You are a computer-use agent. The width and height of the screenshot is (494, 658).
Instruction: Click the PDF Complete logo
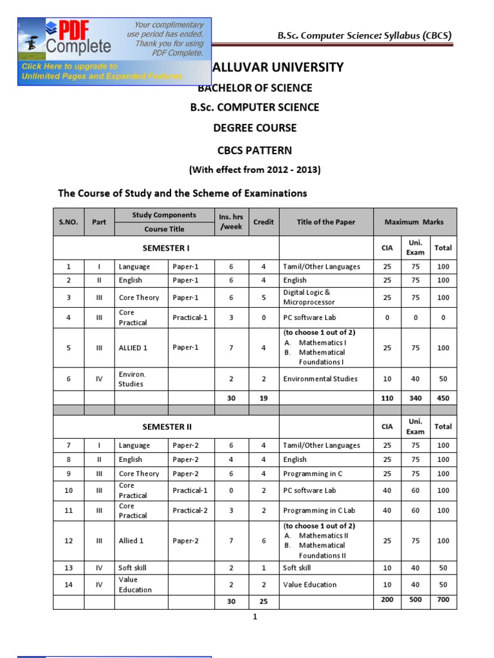[x=77, y=37]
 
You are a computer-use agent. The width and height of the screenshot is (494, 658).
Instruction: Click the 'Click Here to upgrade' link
[x=69, y=67]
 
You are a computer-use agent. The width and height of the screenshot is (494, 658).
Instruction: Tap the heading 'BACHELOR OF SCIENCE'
[x=255, y=88]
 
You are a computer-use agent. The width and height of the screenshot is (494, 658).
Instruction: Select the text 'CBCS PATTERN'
[x=255, y=150]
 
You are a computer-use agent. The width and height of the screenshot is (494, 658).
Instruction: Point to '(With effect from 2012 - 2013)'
[x=254, y=170]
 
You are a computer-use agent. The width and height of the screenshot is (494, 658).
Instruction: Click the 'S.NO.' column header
[x=68, y=222]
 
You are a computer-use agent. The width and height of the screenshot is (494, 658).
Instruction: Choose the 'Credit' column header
[x=263, y=222]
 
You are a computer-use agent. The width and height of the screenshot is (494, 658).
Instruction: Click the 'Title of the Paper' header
[x=325, y=222]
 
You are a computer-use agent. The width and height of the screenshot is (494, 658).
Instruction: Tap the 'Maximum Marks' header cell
[x=414, y=222]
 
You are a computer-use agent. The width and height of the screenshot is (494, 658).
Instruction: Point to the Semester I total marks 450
[x=443, y=398]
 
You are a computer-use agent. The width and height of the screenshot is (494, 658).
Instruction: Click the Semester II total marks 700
[x=443, y=600]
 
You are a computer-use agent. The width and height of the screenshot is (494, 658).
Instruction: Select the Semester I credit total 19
[x=263, y=398]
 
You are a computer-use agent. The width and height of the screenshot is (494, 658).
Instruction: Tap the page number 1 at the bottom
[x=255, y=618]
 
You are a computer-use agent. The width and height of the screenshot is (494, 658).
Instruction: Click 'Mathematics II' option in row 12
[x=324, y=535]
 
